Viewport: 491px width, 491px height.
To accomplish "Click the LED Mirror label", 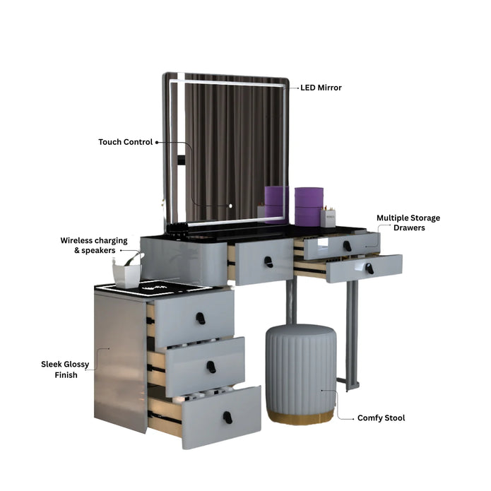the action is (x=321, y=88).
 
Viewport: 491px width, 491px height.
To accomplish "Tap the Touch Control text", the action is (x=125, y=142).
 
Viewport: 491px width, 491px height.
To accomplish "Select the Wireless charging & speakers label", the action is (x=94, y=245).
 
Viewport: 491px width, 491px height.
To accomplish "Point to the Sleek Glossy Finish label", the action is (x=65, y=369).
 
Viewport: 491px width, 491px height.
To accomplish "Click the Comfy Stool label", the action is (x=381, y=418).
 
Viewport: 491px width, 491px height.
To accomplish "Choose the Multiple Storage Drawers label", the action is (x=408, y=223).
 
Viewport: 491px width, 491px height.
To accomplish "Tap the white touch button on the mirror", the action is (x=231, y=206).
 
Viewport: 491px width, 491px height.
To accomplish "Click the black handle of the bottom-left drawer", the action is (x=227, y=418).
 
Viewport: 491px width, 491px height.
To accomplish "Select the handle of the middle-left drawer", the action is (x=211, y=367).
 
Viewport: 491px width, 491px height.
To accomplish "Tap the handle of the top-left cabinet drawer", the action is (x=201, y=319).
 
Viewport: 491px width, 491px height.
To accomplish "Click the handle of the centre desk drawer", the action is (x=268, y=262).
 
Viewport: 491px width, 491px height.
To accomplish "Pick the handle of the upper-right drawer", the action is (x=347, y=246).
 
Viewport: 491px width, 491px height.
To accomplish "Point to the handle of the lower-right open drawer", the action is (x=369, y=268).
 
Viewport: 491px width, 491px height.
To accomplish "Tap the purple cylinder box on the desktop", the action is (x=309, y=206).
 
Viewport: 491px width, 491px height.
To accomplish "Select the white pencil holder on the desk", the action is (x=328, y=218).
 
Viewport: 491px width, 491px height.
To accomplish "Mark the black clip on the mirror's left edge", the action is (x=182, y=160).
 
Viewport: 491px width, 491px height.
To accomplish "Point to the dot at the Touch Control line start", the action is (x=157, y=143).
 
